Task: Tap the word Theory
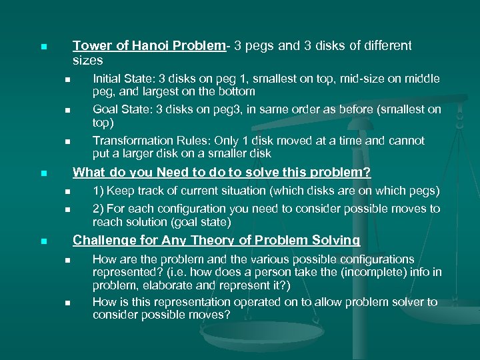(x=209, y=240)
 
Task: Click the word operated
(x=241, y=302)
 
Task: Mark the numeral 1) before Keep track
(x=99, y=191)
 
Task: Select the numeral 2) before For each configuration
(x=99, y=209)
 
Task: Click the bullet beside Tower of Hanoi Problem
(x=43, y=47)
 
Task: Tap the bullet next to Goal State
(x=67, y=111)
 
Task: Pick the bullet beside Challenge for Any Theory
(x=43, y=241)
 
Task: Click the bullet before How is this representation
(x=67, y=303)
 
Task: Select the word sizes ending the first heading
(x=87, y=60)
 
